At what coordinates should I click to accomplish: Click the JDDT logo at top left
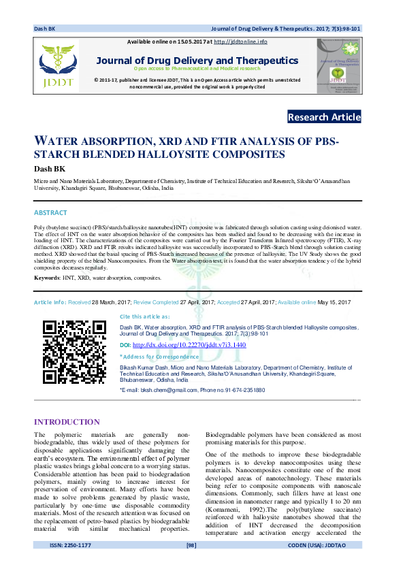tap(58, 65)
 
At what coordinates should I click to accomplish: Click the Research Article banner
tap(324, 117)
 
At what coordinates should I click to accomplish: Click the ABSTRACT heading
tap(50, 213)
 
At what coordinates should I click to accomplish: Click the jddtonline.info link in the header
tap(240, 42)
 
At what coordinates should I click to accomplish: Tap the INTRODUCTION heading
tap(67, 422)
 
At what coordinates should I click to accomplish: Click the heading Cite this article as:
tap(145, 316)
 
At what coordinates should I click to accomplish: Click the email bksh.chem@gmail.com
tap(167, 390)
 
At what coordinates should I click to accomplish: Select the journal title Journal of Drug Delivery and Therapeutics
tap(197, 60)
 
